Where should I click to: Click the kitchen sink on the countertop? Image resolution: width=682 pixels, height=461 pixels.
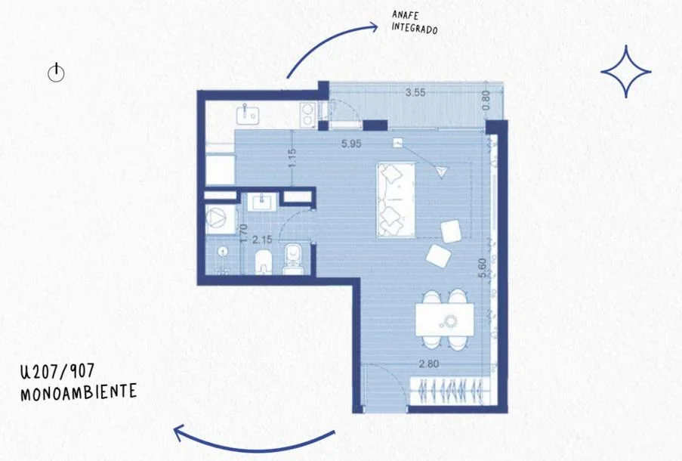click(x=248, y=113)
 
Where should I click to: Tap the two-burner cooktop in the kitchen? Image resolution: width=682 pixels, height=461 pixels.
click(x=308, y=114)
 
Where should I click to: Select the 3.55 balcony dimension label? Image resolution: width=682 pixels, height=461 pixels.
click(x=415, y=93)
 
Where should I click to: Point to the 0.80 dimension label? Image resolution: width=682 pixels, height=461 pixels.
click(x=486, y=100)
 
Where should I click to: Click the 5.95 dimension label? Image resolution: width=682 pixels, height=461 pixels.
click(x=351, y=144)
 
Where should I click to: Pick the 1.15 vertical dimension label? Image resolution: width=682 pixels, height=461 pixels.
click(x=292, y=158)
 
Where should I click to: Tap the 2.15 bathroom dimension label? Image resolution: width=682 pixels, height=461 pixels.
click(x=262, y=240)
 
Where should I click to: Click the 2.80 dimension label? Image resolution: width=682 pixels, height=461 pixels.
click(x=429, y=364)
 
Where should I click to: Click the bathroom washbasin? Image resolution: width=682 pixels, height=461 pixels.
click(x=261, y=202)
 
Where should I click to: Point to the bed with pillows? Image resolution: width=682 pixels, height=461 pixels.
click(x=395, y=200)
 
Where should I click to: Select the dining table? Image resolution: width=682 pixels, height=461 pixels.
click(x=445, y=320)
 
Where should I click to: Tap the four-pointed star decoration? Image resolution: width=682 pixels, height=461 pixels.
click(x=626, y=71)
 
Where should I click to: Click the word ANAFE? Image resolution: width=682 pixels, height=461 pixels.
click(x=405, y=15)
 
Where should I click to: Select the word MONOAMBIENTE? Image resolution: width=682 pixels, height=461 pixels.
click(x=79, y=391)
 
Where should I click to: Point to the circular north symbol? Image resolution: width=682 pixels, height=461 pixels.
click(x=56, y=73)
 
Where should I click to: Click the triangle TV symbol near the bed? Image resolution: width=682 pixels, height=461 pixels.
click(x=442, y=172)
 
